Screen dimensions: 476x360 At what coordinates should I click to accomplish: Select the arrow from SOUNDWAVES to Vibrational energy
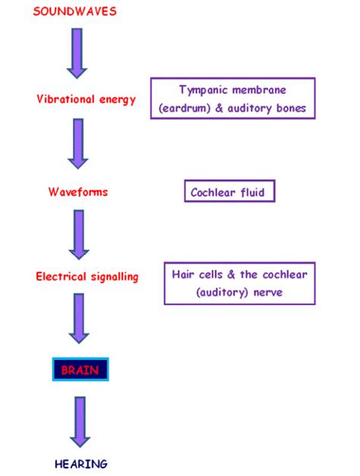77,53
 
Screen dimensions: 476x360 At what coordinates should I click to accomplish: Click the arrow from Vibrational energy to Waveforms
77,144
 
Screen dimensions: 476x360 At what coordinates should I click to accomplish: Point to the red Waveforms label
77,192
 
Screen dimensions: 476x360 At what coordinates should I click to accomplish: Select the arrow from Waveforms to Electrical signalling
79,235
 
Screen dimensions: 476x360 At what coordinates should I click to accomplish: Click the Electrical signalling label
87,277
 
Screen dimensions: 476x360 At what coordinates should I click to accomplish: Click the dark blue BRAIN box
81,370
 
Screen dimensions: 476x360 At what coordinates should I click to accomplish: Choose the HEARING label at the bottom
81,463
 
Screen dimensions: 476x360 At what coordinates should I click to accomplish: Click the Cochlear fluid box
229,192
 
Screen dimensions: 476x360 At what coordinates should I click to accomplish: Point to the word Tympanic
203,90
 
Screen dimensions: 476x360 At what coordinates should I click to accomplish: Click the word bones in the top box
289,109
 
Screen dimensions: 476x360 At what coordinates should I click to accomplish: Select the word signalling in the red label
113,277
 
